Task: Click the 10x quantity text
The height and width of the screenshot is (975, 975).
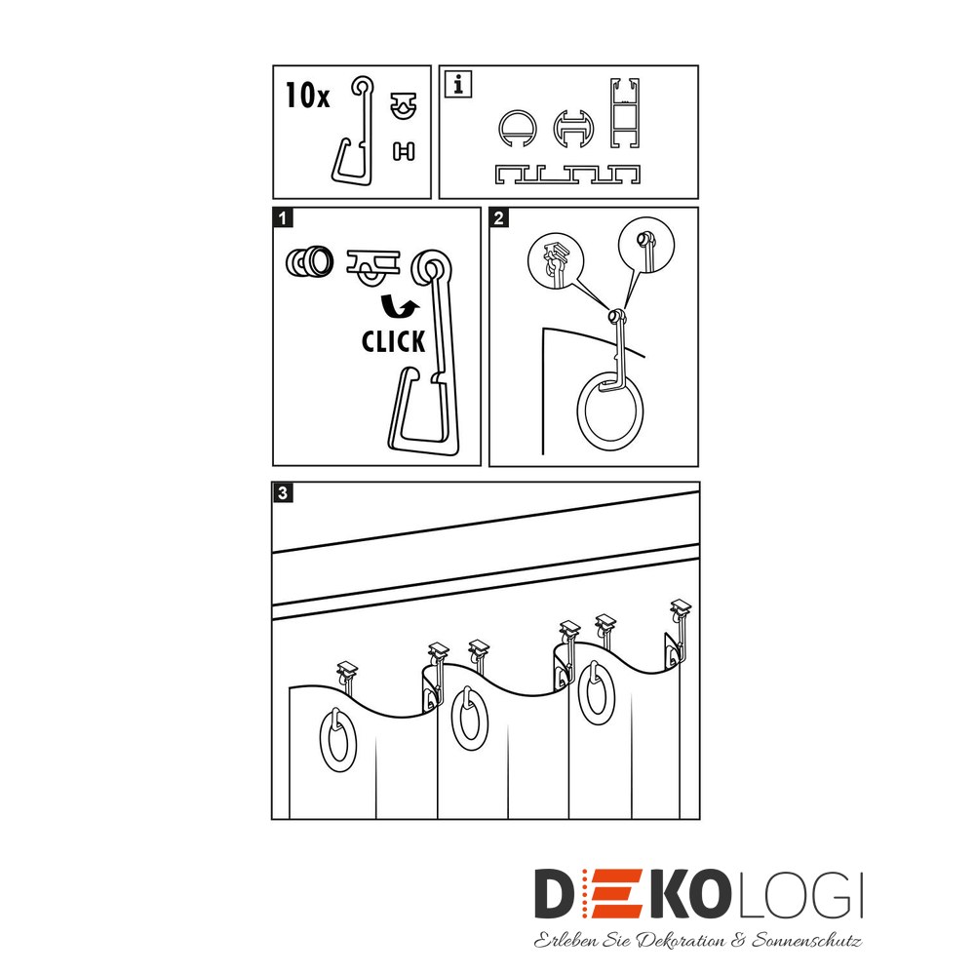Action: [307, 96]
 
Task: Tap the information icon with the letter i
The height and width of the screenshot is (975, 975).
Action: [458, 84]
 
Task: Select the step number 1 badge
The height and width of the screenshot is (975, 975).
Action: [283, 218]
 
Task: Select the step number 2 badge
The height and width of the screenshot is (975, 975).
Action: [498, 218]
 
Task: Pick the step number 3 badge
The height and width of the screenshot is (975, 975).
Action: [283, 493]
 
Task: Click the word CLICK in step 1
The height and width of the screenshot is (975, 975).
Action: [393, 341]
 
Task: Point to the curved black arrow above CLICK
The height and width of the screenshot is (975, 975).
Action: [399, 306]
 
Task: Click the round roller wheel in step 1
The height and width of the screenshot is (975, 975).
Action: [310, 261]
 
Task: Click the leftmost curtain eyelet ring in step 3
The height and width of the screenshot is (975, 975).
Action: [322, 740]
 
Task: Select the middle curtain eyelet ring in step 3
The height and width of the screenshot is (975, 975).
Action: [454, 719]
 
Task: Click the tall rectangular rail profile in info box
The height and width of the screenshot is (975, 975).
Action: [624, 113]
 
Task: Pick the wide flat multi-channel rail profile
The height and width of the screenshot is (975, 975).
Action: [567, 175]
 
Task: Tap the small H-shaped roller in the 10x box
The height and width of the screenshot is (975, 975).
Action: [404, 151]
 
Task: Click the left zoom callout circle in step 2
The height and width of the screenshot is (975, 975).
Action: [556, 260]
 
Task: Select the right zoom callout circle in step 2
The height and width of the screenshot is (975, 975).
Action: [646, 245]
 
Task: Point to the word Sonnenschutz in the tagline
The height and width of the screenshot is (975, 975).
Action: [806, 940]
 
